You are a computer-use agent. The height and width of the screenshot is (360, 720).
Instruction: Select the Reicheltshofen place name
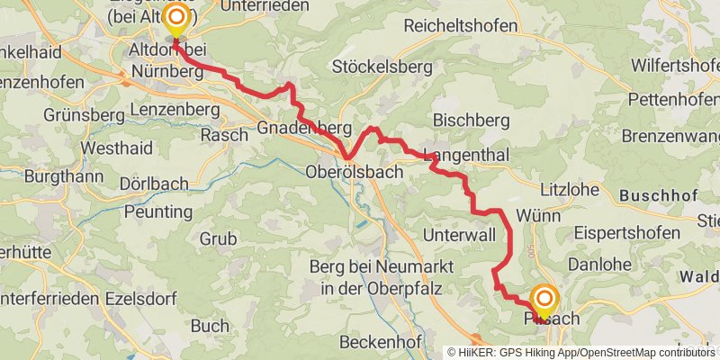461,26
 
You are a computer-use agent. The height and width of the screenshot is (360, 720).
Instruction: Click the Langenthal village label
465,155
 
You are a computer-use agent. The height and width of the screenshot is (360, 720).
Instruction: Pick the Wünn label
539,216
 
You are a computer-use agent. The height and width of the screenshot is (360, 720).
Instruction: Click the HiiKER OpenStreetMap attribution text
580,353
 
